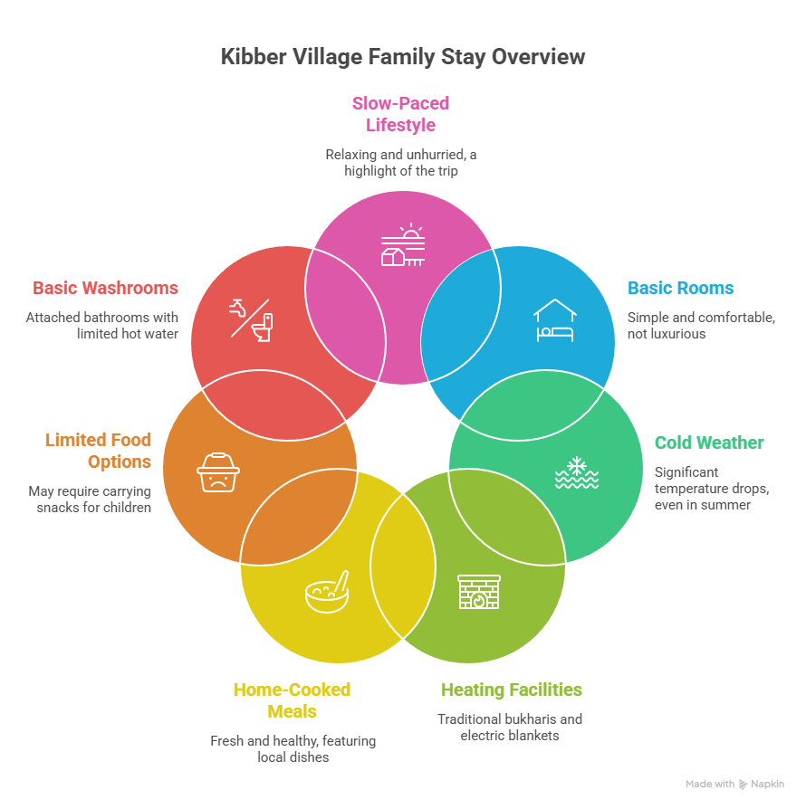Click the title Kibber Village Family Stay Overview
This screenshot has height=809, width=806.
pyautogui.click(x=403, y=57)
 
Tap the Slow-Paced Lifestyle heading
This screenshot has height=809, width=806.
pyautogui.click(x=400, y=114)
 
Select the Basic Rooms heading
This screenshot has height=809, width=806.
pyautogui.click(x=681, y=289)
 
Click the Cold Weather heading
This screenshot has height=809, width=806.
pyautogui.click(x=709, y=443)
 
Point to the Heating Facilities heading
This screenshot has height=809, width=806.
pyautogui.click(x=512, y=690)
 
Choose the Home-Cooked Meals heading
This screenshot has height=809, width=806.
pyautogui.click(x=292, y=700)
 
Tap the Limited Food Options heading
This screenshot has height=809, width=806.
pyautogui.click(x=98, y=451)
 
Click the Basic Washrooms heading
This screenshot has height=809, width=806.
pyautogui.click(x=105, y=289)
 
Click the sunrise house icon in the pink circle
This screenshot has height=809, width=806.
pyautogui.click(x=403, y=245)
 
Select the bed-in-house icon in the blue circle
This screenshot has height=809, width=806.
pyautogui.click(x=555, y=320)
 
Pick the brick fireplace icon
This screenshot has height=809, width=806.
pyautogui.click(x=478, y=592)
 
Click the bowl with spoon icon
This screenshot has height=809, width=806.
pyautogui.click(x=327, y=593)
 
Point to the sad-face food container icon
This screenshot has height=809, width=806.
pyautogui.click(x=218, y=472)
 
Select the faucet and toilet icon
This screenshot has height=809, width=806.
pyautogui.click(x=251, y=319)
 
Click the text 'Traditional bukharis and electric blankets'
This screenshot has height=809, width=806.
pyautogui.click(x=510, y=728)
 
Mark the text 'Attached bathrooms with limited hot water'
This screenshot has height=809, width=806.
pyautogui.click(x=101, y=326)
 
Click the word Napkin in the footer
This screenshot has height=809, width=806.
pyautogui.click(x=767, y=785)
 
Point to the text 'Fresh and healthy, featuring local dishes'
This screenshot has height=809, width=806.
pyautogui.click(x=293, y=748)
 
